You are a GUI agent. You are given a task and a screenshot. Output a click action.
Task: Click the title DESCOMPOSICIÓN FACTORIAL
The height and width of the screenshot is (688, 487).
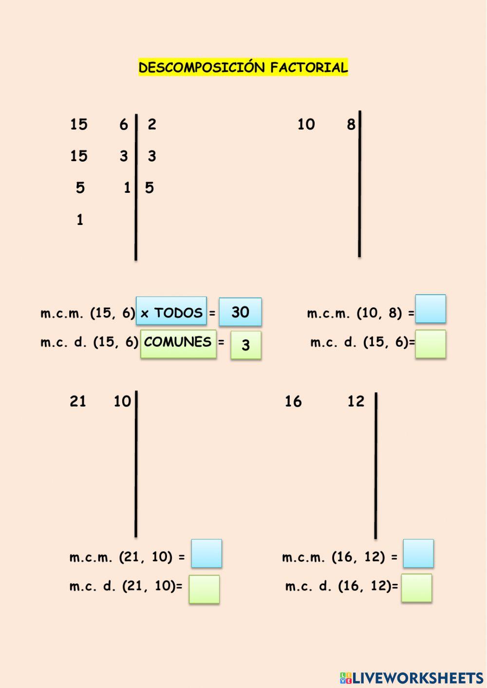(243, 67)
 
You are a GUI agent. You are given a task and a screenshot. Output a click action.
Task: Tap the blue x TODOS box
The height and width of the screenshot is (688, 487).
(171, 312)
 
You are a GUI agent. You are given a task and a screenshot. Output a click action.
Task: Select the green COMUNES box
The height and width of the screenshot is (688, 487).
(178, 344)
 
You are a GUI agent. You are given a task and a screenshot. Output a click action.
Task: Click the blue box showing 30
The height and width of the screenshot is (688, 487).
(240, 312)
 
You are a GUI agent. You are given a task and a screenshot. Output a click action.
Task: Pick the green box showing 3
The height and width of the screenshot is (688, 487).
(246, 345)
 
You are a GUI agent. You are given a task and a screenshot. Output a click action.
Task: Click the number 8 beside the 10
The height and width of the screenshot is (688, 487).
(351, 125)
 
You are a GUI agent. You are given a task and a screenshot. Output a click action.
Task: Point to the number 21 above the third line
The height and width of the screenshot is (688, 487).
(78, 401)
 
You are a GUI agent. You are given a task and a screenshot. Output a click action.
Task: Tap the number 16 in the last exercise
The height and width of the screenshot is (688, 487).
(293, 402)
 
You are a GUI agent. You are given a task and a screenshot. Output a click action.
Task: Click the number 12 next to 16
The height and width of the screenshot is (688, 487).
(356, 402)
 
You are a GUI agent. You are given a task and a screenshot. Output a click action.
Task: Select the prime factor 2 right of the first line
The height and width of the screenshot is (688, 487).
(152, 125)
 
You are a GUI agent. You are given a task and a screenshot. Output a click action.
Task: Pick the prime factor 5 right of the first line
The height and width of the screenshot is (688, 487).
(150, 188)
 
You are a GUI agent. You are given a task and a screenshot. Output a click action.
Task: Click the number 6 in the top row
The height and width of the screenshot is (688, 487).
(124, 125)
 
